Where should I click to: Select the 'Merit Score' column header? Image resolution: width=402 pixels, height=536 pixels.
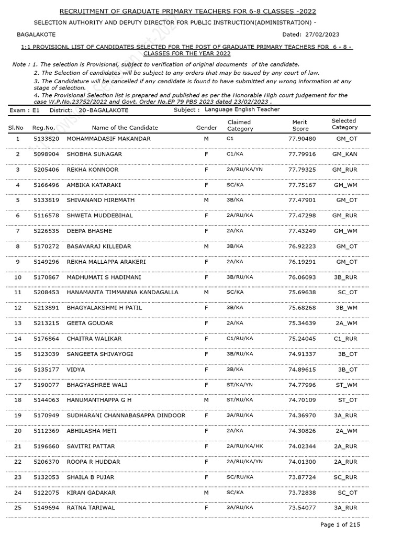coord(300,126)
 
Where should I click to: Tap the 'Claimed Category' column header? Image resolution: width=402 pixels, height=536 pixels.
coord(240,126)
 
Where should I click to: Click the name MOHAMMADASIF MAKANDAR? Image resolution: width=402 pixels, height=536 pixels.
coord(108,139)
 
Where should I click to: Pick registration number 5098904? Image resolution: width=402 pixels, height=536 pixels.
coord(46,154)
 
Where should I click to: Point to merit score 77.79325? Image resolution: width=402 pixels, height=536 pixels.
coord(302,170)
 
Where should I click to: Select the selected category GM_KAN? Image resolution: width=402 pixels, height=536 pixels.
coord(345,154)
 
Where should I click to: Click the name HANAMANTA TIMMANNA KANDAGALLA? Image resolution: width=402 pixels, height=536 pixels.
coord(122,293)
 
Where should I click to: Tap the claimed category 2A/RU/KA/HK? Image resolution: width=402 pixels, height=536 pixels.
coord(245,446)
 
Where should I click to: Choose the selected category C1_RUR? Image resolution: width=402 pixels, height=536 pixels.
coord(345,339)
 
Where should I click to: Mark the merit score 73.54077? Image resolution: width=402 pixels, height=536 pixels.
coord(302,508)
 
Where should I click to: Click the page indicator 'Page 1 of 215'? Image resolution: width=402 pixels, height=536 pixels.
coord(340,524)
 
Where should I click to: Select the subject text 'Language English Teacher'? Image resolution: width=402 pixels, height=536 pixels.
coord(242,109)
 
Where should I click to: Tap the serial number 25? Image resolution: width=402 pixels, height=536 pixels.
coord(18,508)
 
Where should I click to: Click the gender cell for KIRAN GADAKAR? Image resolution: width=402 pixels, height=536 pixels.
coord(206,493)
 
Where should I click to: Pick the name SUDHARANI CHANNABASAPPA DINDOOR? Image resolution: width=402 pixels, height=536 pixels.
coord(126,416)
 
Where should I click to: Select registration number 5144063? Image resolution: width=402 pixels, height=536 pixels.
coord(46,400)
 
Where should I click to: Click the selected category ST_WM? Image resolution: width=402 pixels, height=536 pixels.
coord(345,385)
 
